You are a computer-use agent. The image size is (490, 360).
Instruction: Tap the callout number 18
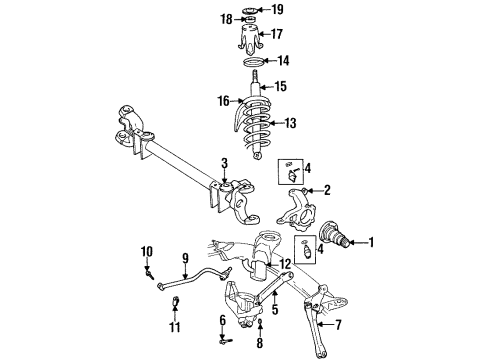(226, 19)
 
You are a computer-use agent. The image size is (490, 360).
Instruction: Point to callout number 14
(282, 60)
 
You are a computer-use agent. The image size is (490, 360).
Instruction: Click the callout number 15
(281, 85)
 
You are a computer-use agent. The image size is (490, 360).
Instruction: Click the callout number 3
(225, 162)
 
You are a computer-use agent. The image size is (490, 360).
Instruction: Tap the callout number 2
(326, 189)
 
